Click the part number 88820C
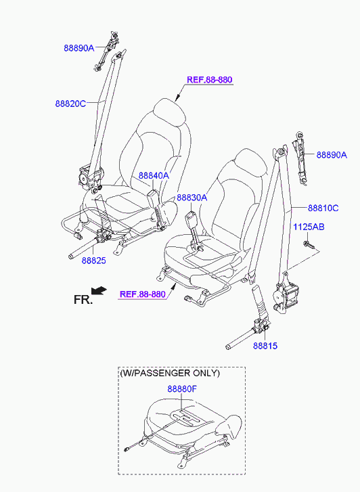(x=70, y=104)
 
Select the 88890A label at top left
(x=78, y=48)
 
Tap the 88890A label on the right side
(x=332, y=155)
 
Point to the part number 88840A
(x=154, y=176)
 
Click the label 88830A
(x=192, y=198)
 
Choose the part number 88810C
(x=323, y=208)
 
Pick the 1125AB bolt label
(x=309, y=227)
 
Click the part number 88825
(x=94, y=261)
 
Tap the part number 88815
(x=265, y=346)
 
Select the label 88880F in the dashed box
(x=182, y=389)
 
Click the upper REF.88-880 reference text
(x=209, y=80)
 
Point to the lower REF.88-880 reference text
(x=143, y=294)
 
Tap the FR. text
(x=83, y=300)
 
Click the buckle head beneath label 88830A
(x=191, y=219)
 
